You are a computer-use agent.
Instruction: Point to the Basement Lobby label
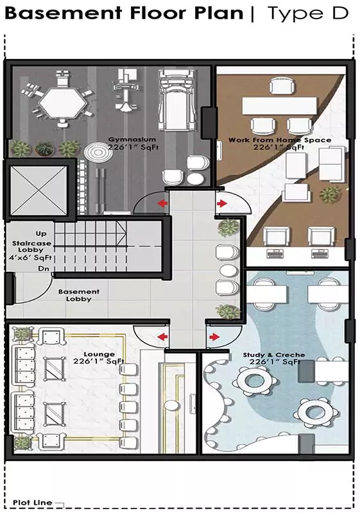[79, 295]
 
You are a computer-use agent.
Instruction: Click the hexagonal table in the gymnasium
[62, 103]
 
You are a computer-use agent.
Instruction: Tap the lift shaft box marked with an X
[39, 190]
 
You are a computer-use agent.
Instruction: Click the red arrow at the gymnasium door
[162, 203]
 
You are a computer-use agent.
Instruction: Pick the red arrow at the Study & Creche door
[214, 337]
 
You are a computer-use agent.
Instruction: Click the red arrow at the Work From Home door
[222, 203]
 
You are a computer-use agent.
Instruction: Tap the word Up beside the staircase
[41, 233]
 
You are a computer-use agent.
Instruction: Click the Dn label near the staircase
[43, 269]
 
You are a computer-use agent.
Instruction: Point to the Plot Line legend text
[32, 503]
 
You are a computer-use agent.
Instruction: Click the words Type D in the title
[308, 13]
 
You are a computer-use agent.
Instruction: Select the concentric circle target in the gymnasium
[94, 151]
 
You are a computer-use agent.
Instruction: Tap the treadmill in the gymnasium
[177, 100]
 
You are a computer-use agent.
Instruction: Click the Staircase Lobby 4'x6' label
[31, 250]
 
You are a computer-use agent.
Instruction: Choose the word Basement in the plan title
[64, 13]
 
